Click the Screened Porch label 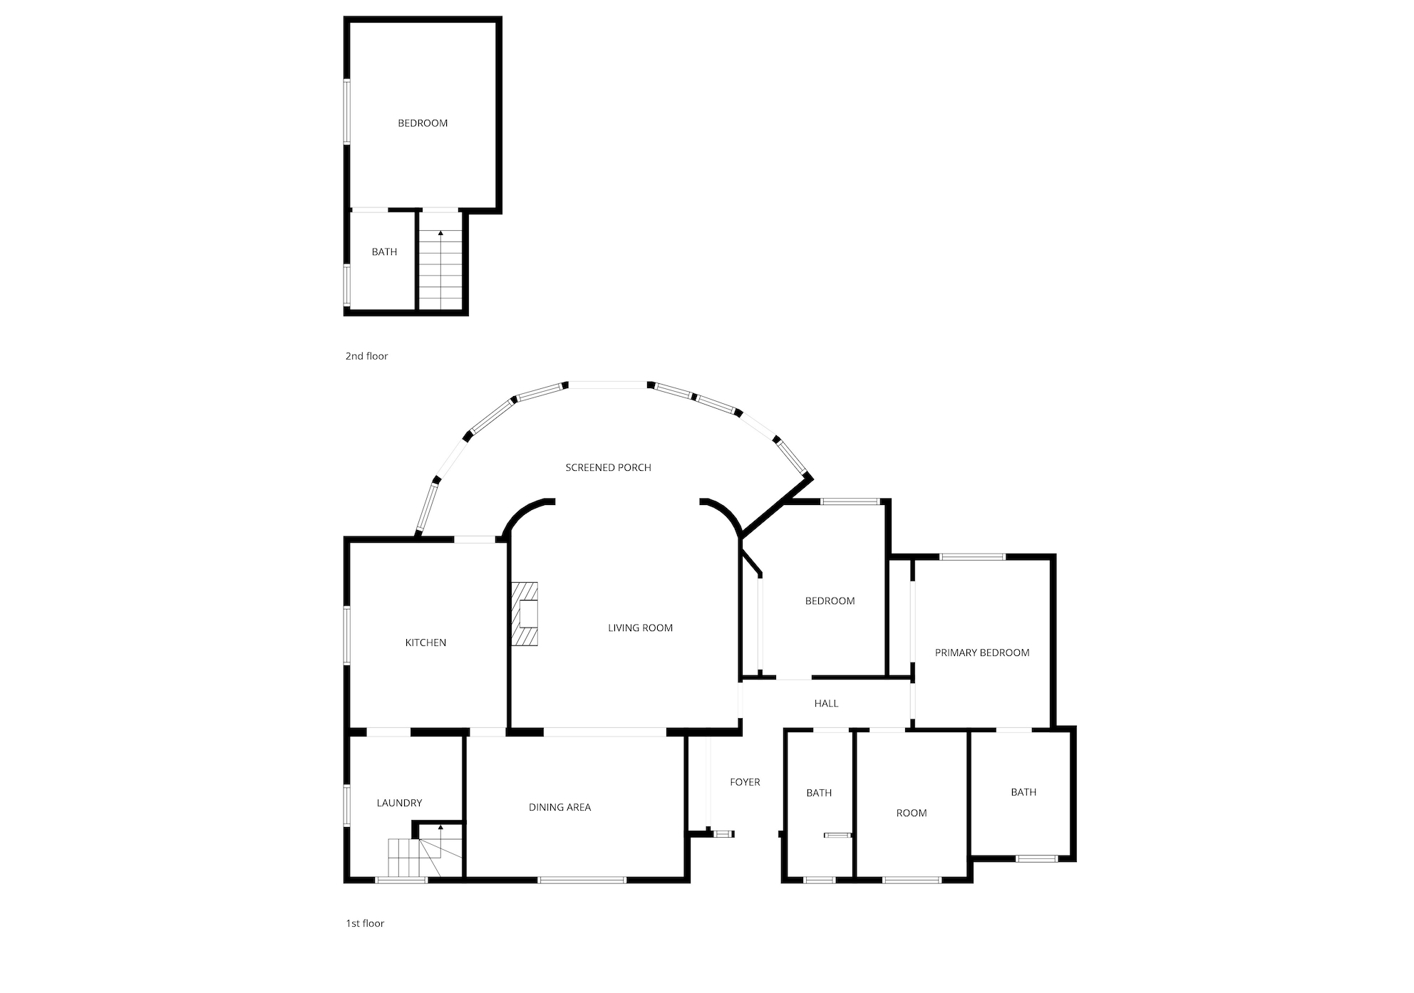608,467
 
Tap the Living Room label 640,628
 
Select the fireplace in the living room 524,614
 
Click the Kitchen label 425,643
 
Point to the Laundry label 399,803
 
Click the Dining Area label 559,807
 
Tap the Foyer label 745,782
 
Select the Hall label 826,703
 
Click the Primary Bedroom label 982,653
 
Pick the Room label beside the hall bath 912,813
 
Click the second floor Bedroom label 423,123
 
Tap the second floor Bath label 384,251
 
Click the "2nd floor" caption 366,356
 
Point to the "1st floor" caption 365,923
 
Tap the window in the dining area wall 582,880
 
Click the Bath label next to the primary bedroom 1023,792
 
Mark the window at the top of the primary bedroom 973,556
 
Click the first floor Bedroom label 830,601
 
